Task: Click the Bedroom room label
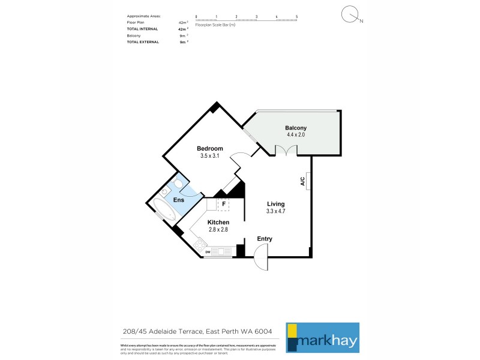[210, 149]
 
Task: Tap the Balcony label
[296, 128]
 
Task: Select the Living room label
[276, 204]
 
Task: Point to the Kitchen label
[218, 222]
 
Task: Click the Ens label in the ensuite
[179, 200]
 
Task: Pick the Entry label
[265, 239]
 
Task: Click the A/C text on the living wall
[303, 180]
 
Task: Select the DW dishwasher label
[208, 252]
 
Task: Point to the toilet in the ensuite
[178, 185]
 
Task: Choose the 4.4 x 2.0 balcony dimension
[296, 135]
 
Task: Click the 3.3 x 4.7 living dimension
[276, 211]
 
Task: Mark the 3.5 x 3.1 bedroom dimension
[210, 156]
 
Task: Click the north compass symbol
[350, 15]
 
